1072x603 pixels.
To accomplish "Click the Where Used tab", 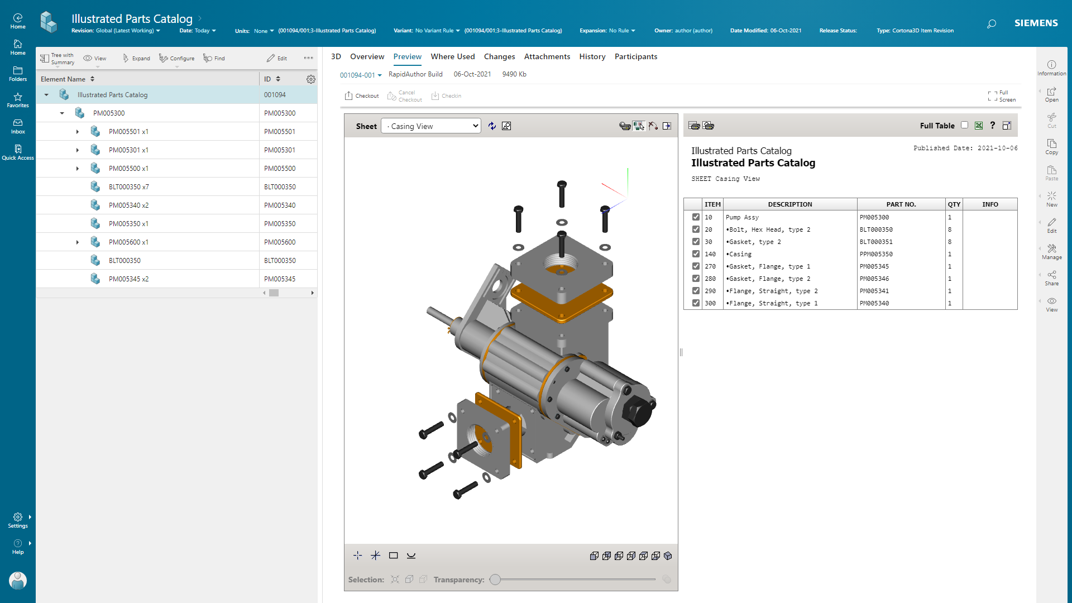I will tap(452, 56).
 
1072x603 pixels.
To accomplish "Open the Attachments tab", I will tap(547, 56).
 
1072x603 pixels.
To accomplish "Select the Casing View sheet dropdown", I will tap(430, 126).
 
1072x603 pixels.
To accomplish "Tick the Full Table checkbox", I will tap(964, 125).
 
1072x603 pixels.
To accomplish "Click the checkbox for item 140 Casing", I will tap(696, 254).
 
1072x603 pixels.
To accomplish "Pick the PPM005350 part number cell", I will tap(876, 254).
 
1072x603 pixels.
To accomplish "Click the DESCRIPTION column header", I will tap(789, 204).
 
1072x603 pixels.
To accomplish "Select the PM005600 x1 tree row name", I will tap(128, 242).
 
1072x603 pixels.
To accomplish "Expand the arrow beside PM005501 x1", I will tap(78, 132).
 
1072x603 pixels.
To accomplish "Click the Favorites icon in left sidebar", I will tap(18, 100).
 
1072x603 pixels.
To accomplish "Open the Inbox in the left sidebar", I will tap(18, 126).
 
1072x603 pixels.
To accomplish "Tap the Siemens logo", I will tap(1036, 23).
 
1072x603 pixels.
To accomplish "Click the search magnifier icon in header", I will tap(991, 23).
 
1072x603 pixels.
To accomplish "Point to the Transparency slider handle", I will tap(495, 580).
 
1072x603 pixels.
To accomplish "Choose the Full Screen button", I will tap(1002, 96).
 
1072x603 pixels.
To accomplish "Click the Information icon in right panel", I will tap(1051, 68).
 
